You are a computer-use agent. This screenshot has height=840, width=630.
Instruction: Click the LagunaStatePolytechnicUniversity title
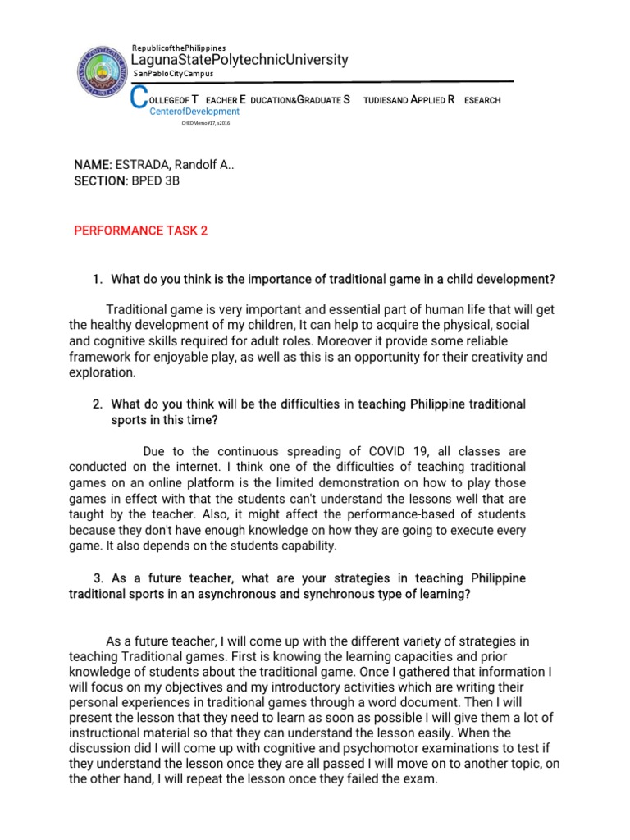click(240, 60)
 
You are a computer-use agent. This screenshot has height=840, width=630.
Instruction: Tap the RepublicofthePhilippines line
click(179, 48)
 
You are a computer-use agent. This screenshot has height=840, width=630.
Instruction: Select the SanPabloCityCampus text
click(173, 74)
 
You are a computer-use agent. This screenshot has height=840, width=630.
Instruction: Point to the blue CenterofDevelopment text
click(194, 112)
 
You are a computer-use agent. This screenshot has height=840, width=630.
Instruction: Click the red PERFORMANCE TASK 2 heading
click(141, 231)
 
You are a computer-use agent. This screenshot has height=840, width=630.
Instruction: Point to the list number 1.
click(98, 281)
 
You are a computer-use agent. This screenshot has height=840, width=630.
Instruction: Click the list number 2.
click(98, 404)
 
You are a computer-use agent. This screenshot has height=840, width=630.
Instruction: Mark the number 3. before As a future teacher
click(98, 579)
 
